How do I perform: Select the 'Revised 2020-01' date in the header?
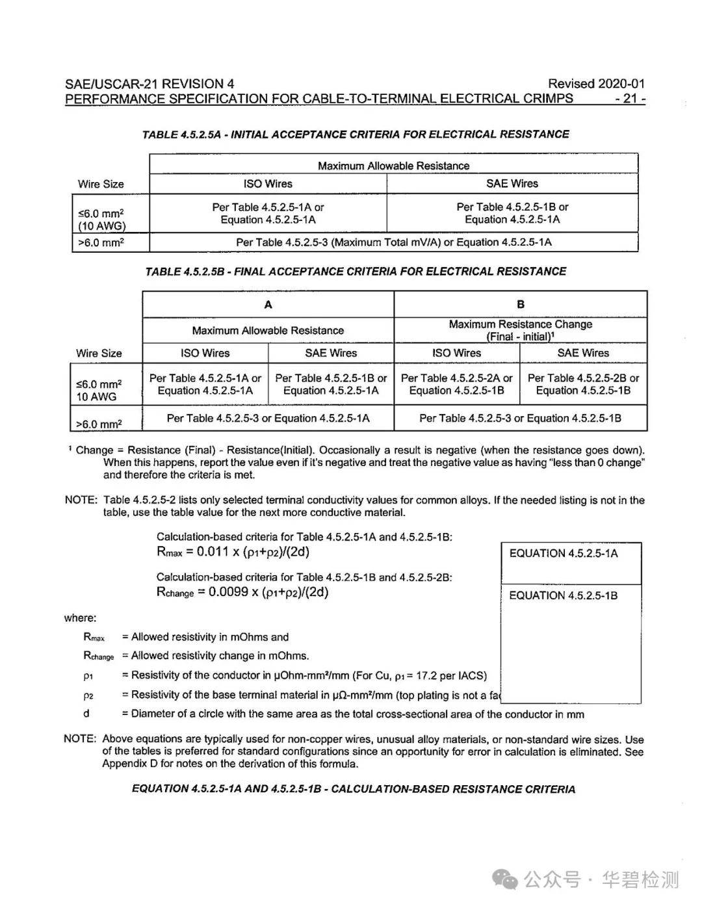pos(596,83)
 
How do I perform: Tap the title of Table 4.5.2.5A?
pos(356,135)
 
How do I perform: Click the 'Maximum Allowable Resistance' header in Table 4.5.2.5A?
pos(393,166)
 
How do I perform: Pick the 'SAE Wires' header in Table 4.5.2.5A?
pos(512,184)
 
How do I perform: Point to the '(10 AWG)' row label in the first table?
pos(102,226)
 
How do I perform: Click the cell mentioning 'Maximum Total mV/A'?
pos(393,242)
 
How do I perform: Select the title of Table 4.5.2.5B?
pos(356,272)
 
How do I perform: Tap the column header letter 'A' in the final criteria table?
pos(268,305)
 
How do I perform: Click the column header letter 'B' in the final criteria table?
pos(521,304)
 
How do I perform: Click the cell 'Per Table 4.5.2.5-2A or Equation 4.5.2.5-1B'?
pos(457,384)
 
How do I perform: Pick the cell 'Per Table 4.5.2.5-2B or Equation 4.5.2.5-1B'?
pos(583,384)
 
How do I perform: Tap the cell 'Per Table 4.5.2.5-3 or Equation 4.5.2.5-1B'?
pos(520,419)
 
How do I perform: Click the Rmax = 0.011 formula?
pos(233,552)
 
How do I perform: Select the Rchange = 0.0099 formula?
pos(242,592)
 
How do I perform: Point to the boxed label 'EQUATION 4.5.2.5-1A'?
pos(564,554)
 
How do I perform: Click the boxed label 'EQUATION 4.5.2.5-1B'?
pos(564,595)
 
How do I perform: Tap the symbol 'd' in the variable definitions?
pos(86,714)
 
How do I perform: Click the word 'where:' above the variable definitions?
pos(80,618)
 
